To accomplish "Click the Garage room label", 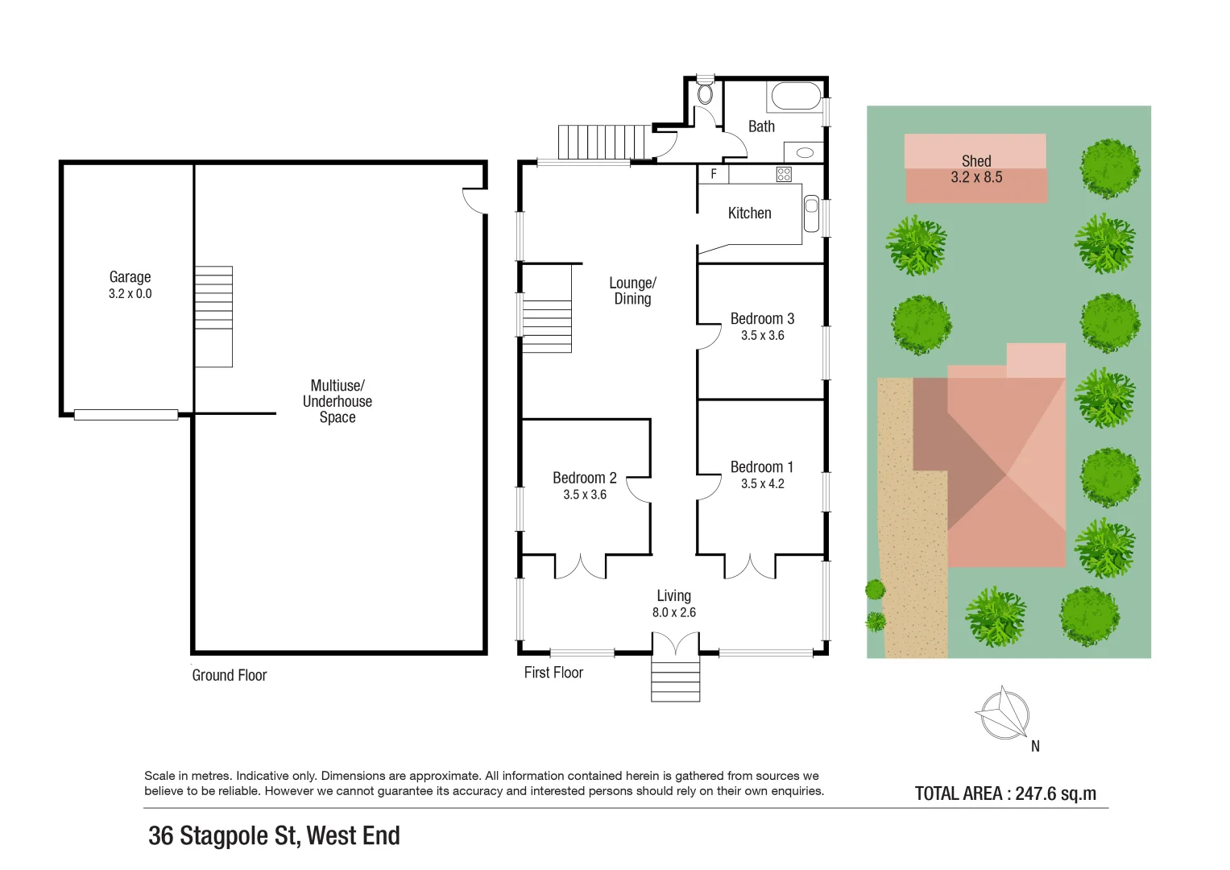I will point(130,277).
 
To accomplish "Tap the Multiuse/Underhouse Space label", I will point(337,401).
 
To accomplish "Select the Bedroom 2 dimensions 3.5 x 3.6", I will point(585,495).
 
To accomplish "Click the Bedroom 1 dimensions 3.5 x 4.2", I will point(762,483).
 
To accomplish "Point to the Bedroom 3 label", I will point(762,319).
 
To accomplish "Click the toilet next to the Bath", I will point(705,93).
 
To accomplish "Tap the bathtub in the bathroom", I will point(796,97).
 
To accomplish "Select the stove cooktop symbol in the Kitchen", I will point(784,174).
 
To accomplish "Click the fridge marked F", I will point(714,174).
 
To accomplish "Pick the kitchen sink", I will point(811,213).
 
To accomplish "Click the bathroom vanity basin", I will point(804,152).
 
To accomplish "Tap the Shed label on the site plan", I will point(976,161).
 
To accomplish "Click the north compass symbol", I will point(1003,713).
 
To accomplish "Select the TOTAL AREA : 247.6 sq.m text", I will point(1005,793).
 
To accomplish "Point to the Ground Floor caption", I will point(229,675).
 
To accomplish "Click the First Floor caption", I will point(553,673).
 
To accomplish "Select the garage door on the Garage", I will point(126,415).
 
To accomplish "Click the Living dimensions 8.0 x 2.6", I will point(673,612).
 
